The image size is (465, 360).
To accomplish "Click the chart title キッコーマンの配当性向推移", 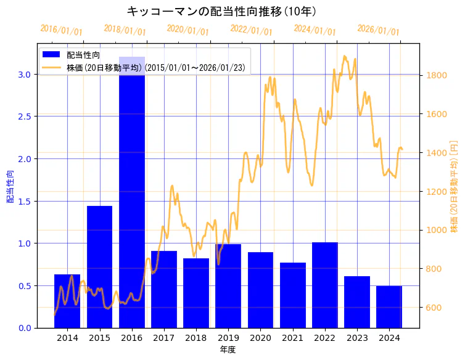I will click(221, 12).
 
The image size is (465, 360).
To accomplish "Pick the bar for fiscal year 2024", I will click(389, 307).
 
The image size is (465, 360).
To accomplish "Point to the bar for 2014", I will click(67, 301).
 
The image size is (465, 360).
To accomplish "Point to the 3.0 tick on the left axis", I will click(25, 74).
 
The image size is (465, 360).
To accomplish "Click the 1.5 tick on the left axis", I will click(25, 201).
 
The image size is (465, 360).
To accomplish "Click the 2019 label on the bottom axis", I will click(228, 338).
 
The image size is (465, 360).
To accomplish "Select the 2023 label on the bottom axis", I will click(357, 338).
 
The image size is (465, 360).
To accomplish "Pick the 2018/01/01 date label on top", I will click(125, 30).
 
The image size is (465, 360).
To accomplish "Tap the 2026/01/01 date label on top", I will click(378, 30).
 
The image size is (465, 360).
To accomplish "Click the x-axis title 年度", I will click(228, 350).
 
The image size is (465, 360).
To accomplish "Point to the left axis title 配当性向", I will click(10, 183).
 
